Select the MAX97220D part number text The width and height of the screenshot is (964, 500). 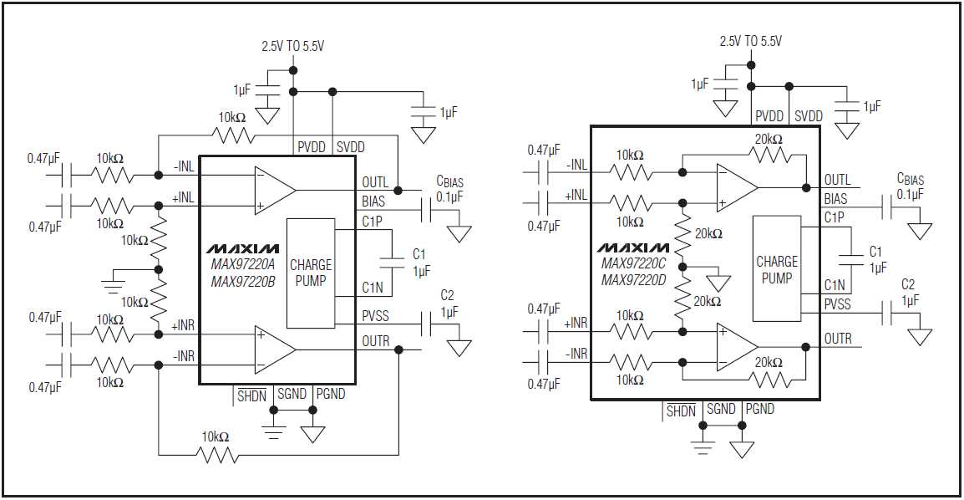pyautogui.click(x=633, y=279)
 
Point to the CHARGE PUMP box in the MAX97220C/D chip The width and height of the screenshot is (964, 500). pyautogui.click(x=776, y=269)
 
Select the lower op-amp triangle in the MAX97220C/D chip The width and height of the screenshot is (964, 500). pyautogui.click(x=736, y=347)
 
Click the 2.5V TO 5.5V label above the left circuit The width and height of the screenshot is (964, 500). pyautogui.click(x=294, y=48)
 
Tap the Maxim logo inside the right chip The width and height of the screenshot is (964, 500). pyautogui.click(x=633, y=248)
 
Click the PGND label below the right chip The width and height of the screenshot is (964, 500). pyautogui.click(x=759, y=409)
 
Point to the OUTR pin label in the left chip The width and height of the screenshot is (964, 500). pyautogui.click(x=374, y=341)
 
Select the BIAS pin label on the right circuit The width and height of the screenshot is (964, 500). pyautogui.click(x=835, y=199)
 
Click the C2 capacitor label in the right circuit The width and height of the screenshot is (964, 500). pyautogui.click(x=908, y=284)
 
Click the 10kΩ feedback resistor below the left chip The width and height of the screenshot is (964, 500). pyautogui.click(x=217, y=454)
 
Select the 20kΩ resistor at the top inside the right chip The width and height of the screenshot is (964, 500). pyautogui.click(x=769, y=155)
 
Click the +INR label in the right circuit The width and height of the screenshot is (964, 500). pyautogui.click(x=576, y=323)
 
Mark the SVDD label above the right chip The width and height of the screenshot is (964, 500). pyautogui.click(x=808, y=116)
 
